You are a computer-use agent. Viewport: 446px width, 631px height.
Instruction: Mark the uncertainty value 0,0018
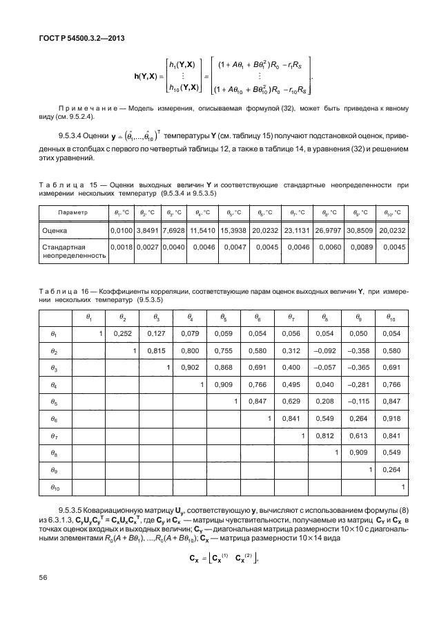point(122,247)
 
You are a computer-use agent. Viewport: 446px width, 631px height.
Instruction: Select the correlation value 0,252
point(122,334)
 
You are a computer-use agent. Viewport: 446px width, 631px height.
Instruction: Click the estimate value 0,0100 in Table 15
point(122,229)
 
